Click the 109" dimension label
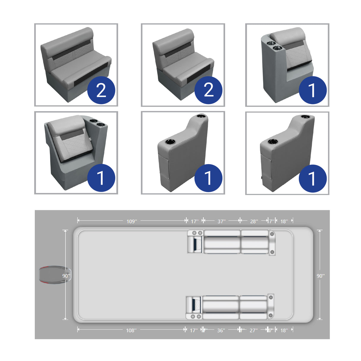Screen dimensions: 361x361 pyautogui.click(x=131, y=221)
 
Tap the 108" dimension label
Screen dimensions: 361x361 pyautogui.click(x=131, y=330)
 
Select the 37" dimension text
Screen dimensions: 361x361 pyautogui.click(x=222, y=221)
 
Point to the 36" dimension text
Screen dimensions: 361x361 pyautogui.click(x=221, y=330)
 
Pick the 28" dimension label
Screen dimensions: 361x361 pyautogui.click(x=254, y=221)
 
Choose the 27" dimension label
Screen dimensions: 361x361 pyautogui.click(x=253, y=330)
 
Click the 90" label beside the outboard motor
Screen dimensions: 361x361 pyautogui.click(x=66, y=276)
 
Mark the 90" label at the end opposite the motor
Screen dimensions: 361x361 pyautogui.click(x=320, y=276)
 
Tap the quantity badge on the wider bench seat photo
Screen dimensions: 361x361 pyautogui.click(x=101, y=90)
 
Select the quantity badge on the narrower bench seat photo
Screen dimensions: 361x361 pyautogui.click(x=208, y=90)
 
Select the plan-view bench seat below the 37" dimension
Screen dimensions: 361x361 pyautogui.click(x=222, y=242)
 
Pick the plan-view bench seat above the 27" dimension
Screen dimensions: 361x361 pyautogui.click(x=253, y=307)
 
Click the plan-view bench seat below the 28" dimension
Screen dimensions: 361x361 pyautogui.click(x=255, y=242)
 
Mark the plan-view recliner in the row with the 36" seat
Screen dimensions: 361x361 pyautogui.click(x=194, y=307)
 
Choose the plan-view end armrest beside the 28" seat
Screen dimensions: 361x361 pyautogui.click(x=272, y=243)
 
